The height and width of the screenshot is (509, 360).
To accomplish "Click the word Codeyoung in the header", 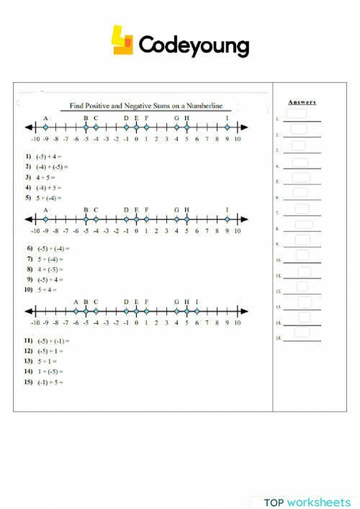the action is [193, 46].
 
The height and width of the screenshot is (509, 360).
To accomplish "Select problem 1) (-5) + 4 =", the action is [45, 156].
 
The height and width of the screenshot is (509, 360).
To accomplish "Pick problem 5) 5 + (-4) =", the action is [45, 197].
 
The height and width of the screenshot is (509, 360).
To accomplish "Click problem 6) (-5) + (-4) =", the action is [48, 248].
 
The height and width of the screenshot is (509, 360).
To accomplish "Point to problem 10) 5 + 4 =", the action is [42, 289].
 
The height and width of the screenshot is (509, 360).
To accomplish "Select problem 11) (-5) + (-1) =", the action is [48, 340].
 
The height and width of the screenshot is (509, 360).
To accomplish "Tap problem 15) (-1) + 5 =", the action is [45, 381].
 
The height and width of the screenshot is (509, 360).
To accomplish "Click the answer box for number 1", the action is [297, 114].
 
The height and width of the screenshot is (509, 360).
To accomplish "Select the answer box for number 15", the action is [301, 332].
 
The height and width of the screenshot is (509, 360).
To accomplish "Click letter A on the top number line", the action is [45, 118].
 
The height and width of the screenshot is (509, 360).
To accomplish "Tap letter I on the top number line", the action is [227, 118].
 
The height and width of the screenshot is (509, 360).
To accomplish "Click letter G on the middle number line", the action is [176, 210].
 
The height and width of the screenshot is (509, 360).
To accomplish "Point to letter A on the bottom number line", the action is [76, 302].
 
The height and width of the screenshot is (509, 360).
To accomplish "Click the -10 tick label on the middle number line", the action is [35, 232].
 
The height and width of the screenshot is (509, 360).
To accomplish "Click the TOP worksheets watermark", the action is [307, 502].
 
